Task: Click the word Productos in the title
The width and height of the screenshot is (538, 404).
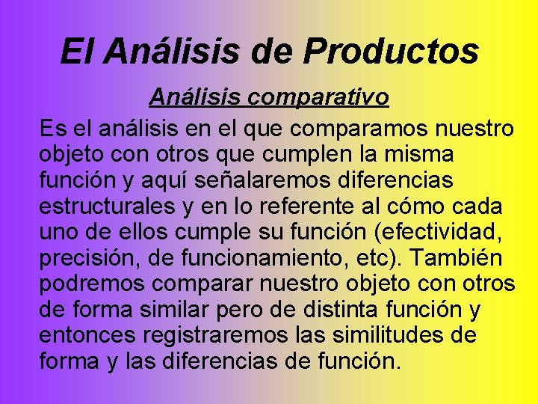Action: tap(391, 51)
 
